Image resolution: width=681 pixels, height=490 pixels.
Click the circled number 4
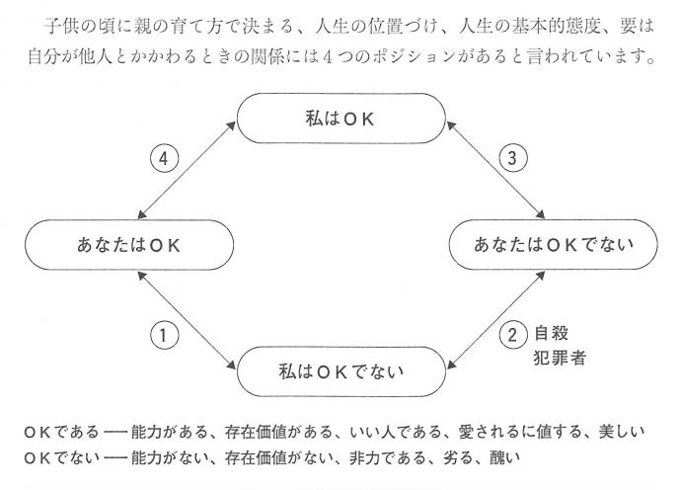164,158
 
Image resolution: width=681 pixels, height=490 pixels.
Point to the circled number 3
513,157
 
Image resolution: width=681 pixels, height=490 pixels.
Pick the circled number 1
164,335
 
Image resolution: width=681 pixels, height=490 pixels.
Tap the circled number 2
513,335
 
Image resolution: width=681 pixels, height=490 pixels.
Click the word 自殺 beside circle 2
551,333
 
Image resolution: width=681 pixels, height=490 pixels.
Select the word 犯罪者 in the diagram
560,358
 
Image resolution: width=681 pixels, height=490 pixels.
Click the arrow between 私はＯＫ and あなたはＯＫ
187,170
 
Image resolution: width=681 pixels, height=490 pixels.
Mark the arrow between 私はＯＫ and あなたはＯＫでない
496,170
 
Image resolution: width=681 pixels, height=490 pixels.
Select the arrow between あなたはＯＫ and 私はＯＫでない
187,320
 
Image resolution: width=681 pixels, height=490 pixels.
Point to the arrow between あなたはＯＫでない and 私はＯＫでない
496,320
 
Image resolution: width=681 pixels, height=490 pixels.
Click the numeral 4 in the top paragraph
328,57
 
